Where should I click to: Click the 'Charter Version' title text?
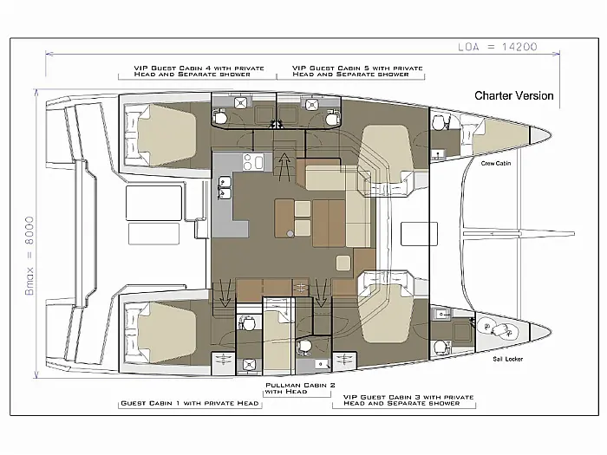513,95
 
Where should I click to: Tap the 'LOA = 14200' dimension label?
498,47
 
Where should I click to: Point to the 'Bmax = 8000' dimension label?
29,256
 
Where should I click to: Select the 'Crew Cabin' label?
496,163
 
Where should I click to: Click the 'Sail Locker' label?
508,359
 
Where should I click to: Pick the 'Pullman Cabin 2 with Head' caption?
300,388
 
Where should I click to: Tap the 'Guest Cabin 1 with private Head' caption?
190,403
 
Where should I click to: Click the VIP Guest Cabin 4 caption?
199,71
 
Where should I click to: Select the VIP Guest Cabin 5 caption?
357,71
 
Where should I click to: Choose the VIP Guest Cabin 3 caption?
408,400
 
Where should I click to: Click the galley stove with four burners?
253,161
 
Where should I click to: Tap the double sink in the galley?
225,188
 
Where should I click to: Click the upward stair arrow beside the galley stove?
284,166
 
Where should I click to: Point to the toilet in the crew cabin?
438,123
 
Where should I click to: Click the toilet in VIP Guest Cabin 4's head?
220,116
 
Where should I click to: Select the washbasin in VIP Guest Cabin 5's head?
311,105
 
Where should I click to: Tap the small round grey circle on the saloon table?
290,234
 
